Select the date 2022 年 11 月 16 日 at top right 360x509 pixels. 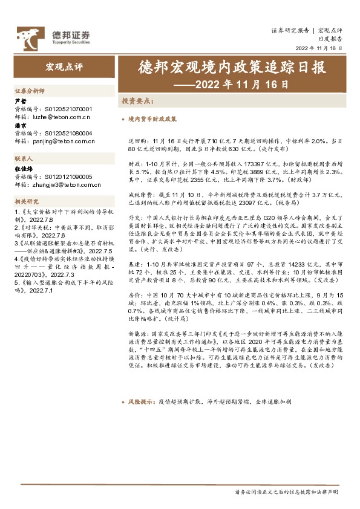pos(319,48)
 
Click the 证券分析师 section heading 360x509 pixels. pos(30,90)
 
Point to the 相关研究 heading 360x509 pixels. pos(27,201)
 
